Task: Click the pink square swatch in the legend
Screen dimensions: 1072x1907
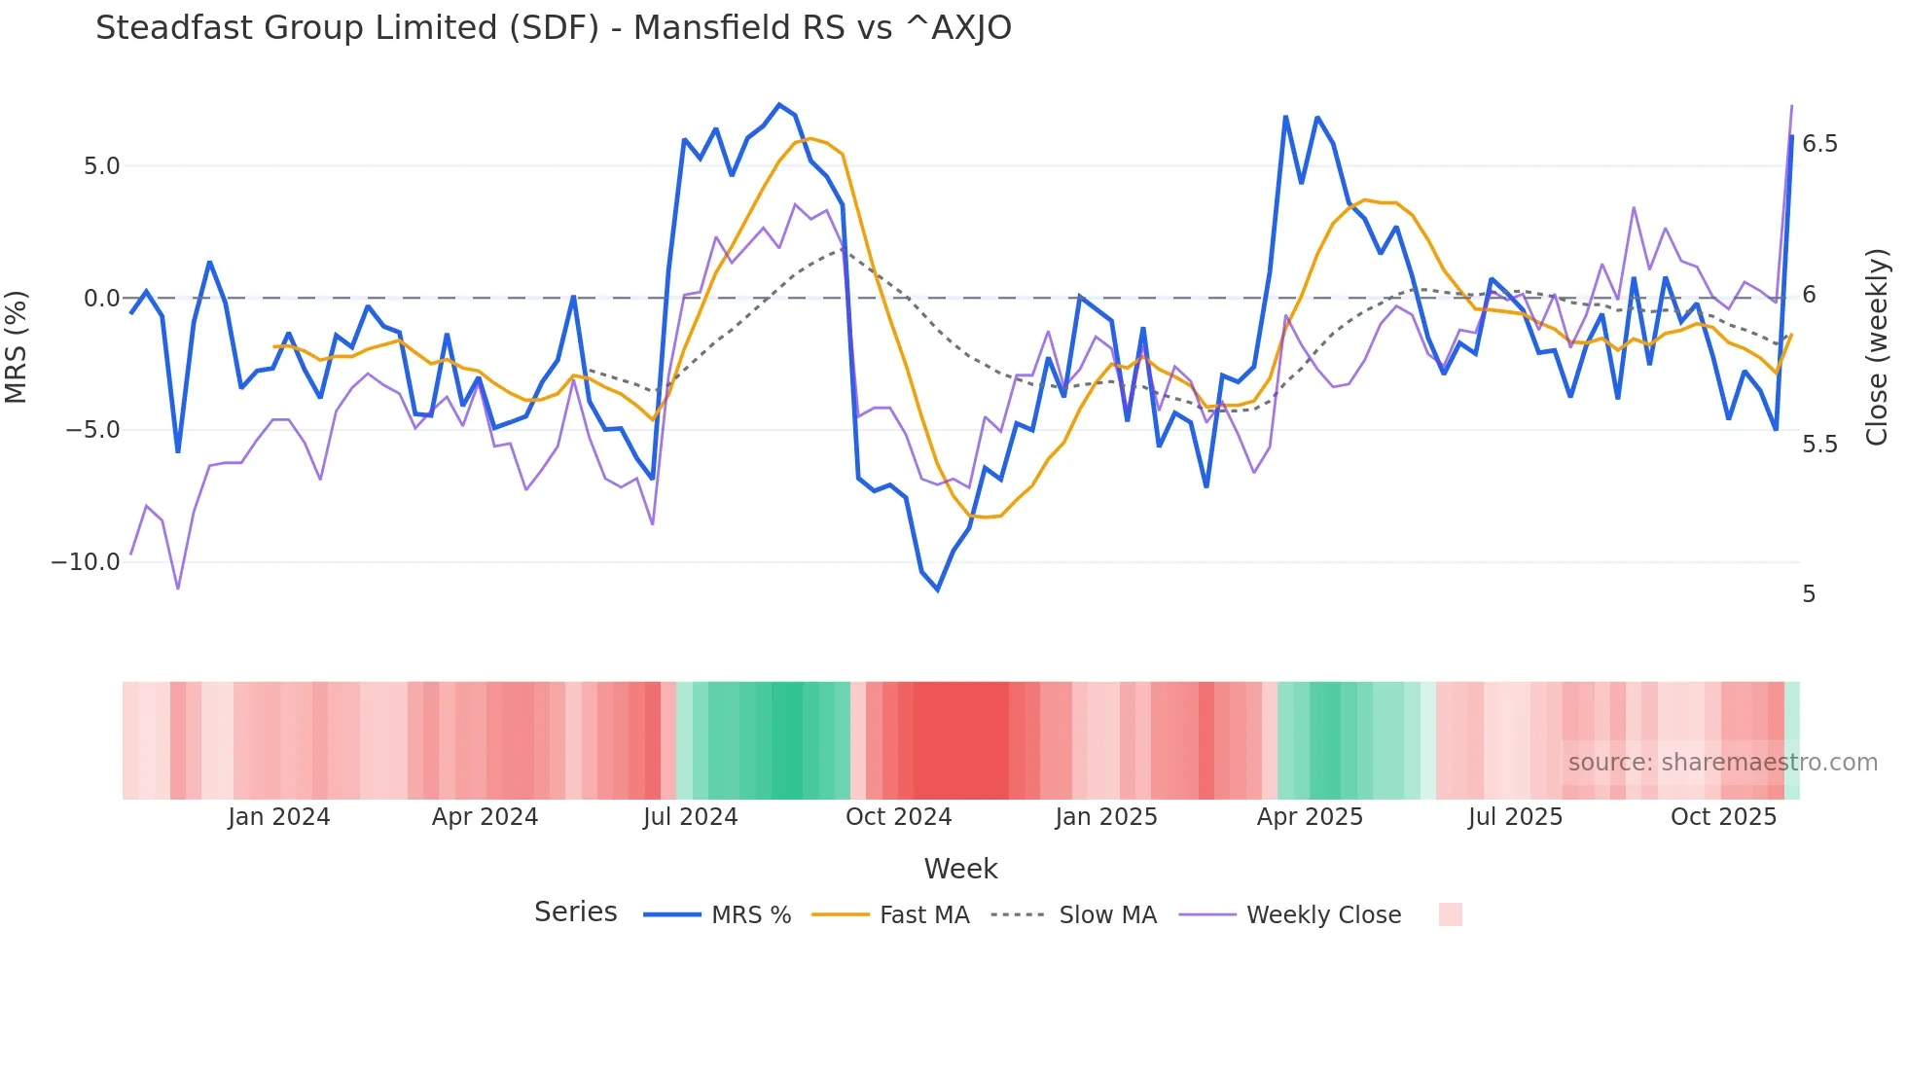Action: pos(1450,914)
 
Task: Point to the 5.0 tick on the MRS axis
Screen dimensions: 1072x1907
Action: pos(101,166)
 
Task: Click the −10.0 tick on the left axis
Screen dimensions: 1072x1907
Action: pos(86,562)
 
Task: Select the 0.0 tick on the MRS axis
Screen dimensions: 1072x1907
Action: pos(101,299)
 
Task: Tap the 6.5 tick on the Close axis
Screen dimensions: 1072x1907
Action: pos(1819,144)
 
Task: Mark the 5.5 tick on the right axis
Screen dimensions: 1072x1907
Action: pos(1819,445)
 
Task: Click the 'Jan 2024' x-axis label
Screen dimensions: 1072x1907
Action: pos(279,817)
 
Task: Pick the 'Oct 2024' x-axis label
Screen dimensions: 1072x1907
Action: pos(898,817)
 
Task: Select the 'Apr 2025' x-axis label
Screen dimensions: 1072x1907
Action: pos(1310,817)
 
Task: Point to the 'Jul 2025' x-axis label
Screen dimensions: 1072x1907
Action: pos(1515,817)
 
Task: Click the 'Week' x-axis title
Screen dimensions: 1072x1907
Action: pos(960,869)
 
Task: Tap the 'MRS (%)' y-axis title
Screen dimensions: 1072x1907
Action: pos(17,346)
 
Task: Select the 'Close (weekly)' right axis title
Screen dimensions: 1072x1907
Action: pos(1877,346)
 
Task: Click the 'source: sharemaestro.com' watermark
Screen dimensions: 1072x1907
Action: pos(1722,763)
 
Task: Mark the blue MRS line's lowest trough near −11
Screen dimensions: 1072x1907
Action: pos(938,590)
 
